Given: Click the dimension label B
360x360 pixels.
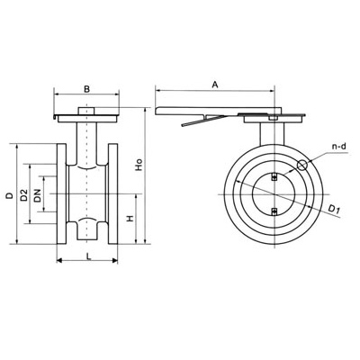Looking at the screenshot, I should pyautogui.click(x=85, y=88).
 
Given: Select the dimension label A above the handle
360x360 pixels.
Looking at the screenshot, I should pyautogui.click(x=215, y=83).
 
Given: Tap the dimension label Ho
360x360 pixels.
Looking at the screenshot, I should pyautogui.click(x=138, y=166).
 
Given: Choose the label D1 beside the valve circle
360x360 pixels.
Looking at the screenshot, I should pyautogui.click(x=335, y=210).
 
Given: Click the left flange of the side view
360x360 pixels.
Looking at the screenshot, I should pyautogui.click(x=63, y=193).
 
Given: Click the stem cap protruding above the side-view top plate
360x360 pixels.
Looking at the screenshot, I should pyautogui.click(x=87, y=112).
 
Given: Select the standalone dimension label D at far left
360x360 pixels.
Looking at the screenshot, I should pyautogui.click(x=8, y=195).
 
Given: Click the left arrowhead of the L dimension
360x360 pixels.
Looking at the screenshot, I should pyautogui.click(x=60, y=261).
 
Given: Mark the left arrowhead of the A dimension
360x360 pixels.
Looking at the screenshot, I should pyautogui.click(x=158, y=89).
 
